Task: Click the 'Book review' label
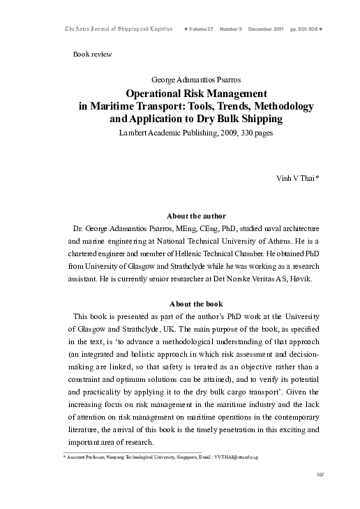pyautogui.click(x=92, y=54)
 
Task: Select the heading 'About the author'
pyautogui.click(x=197, y=215)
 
